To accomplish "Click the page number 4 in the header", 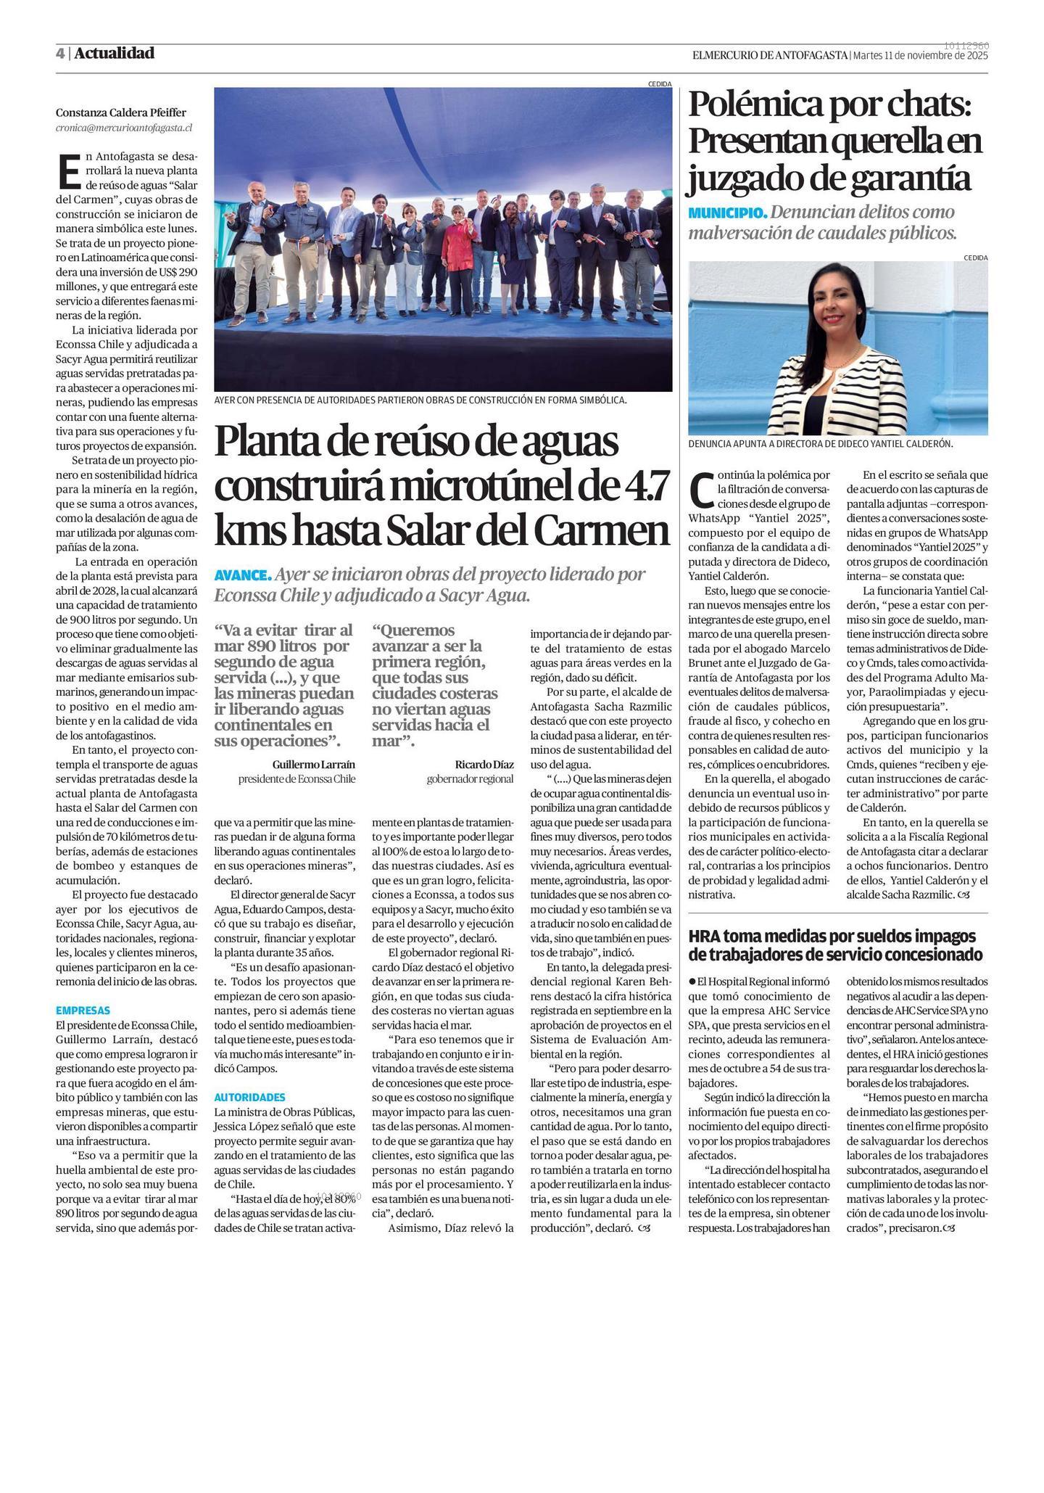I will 60,54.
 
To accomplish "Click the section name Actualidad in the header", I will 114,53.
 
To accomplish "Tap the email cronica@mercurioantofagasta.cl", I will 124,128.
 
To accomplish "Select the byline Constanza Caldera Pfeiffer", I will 121,112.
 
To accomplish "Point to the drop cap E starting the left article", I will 67,171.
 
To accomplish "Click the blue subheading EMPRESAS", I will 83,1010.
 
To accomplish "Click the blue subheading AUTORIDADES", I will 249,1098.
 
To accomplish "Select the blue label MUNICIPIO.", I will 726,213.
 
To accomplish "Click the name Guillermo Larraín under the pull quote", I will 313,765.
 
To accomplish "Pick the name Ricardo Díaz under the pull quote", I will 484,765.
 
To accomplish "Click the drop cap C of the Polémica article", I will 700,490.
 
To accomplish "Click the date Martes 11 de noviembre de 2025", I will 920,55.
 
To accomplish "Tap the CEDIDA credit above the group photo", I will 660,83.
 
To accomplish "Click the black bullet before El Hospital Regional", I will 692,982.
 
